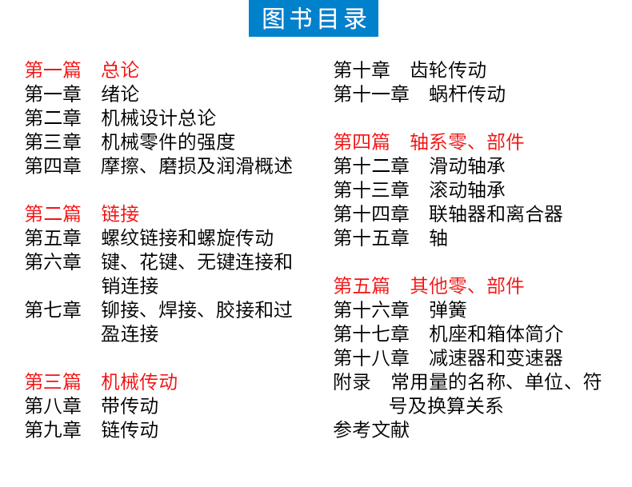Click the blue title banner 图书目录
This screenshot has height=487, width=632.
[313, 18]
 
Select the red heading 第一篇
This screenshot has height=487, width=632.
[53, 70]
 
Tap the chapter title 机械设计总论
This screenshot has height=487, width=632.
[158, 118]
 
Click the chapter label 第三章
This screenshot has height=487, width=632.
[53, 142]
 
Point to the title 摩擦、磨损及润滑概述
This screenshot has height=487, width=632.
[197, 166]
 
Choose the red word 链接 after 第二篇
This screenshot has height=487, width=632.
[120, 214]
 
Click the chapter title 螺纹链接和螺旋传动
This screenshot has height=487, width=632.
[187, 238]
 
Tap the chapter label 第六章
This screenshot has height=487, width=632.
[53, 261]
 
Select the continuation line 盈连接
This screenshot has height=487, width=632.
[130, 333]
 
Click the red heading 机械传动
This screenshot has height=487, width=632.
[139, 381]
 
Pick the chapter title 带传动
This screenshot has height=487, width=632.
[130, 405]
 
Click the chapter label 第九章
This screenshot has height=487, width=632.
[53, 429]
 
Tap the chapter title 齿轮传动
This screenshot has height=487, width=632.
[448, 70]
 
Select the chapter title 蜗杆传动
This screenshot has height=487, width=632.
[467, 94]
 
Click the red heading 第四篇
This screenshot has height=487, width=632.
[362, 142]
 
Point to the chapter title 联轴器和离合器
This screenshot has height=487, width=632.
[496, 214]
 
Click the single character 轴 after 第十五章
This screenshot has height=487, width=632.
[438, 238]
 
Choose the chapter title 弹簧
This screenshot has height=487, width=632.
[448, 309]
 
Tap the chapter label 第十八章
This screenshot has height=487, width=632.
[371, 357]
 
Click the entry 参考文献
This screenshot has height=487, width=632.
[371, 429]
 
